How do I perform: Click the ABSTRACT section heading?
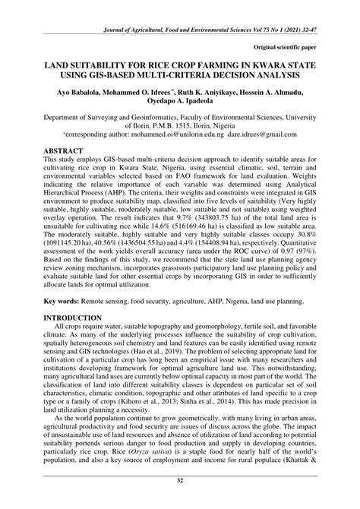pos(63,150)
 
